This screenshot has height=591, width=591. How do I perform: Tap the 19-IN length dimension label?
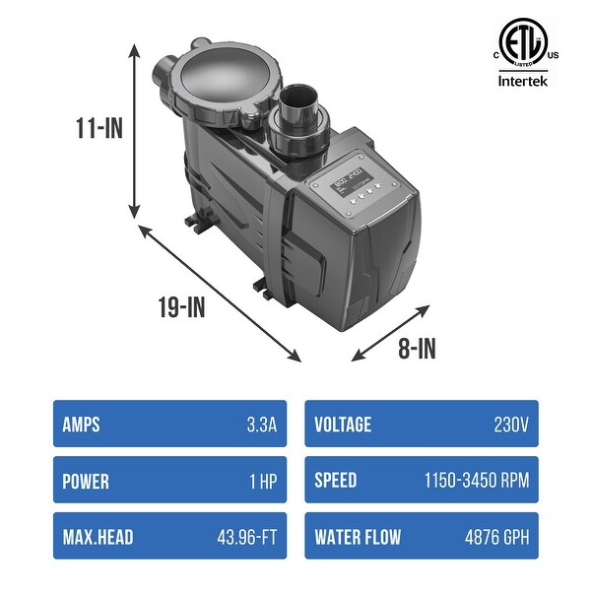180,308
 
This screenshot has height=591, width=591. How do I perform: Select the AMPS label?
81,425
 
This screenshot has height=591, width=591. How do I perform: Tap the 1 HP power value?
261,482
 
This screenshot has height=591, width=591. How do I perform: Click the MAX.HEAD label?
98,538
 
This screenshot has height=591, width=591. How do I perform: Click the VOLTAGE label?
343,425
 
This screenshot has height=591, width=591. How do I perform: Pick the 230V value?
511,425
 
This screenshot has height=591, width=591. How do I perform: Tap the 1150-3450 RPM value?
477,482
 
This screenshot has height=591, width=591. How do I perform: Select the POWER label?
86,482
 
